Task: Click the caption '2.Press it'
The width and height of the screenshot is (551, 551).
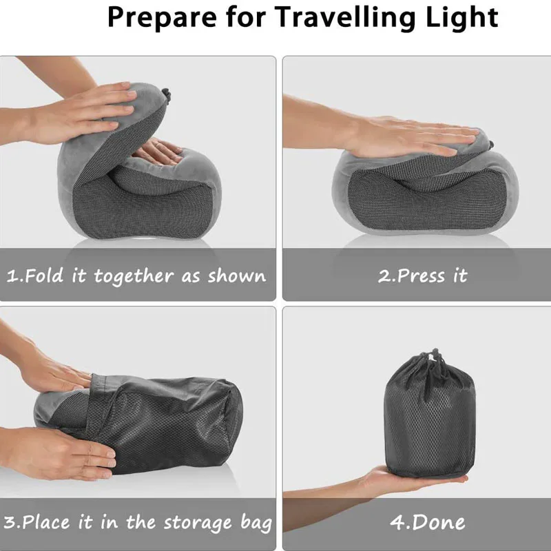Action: (x=423, y=276)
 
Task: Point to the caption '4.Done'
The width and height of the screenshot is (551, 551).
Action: (x=427, y=522)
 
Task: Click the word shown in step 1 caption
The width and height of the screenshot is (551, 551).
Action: (x=236, y=276)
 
